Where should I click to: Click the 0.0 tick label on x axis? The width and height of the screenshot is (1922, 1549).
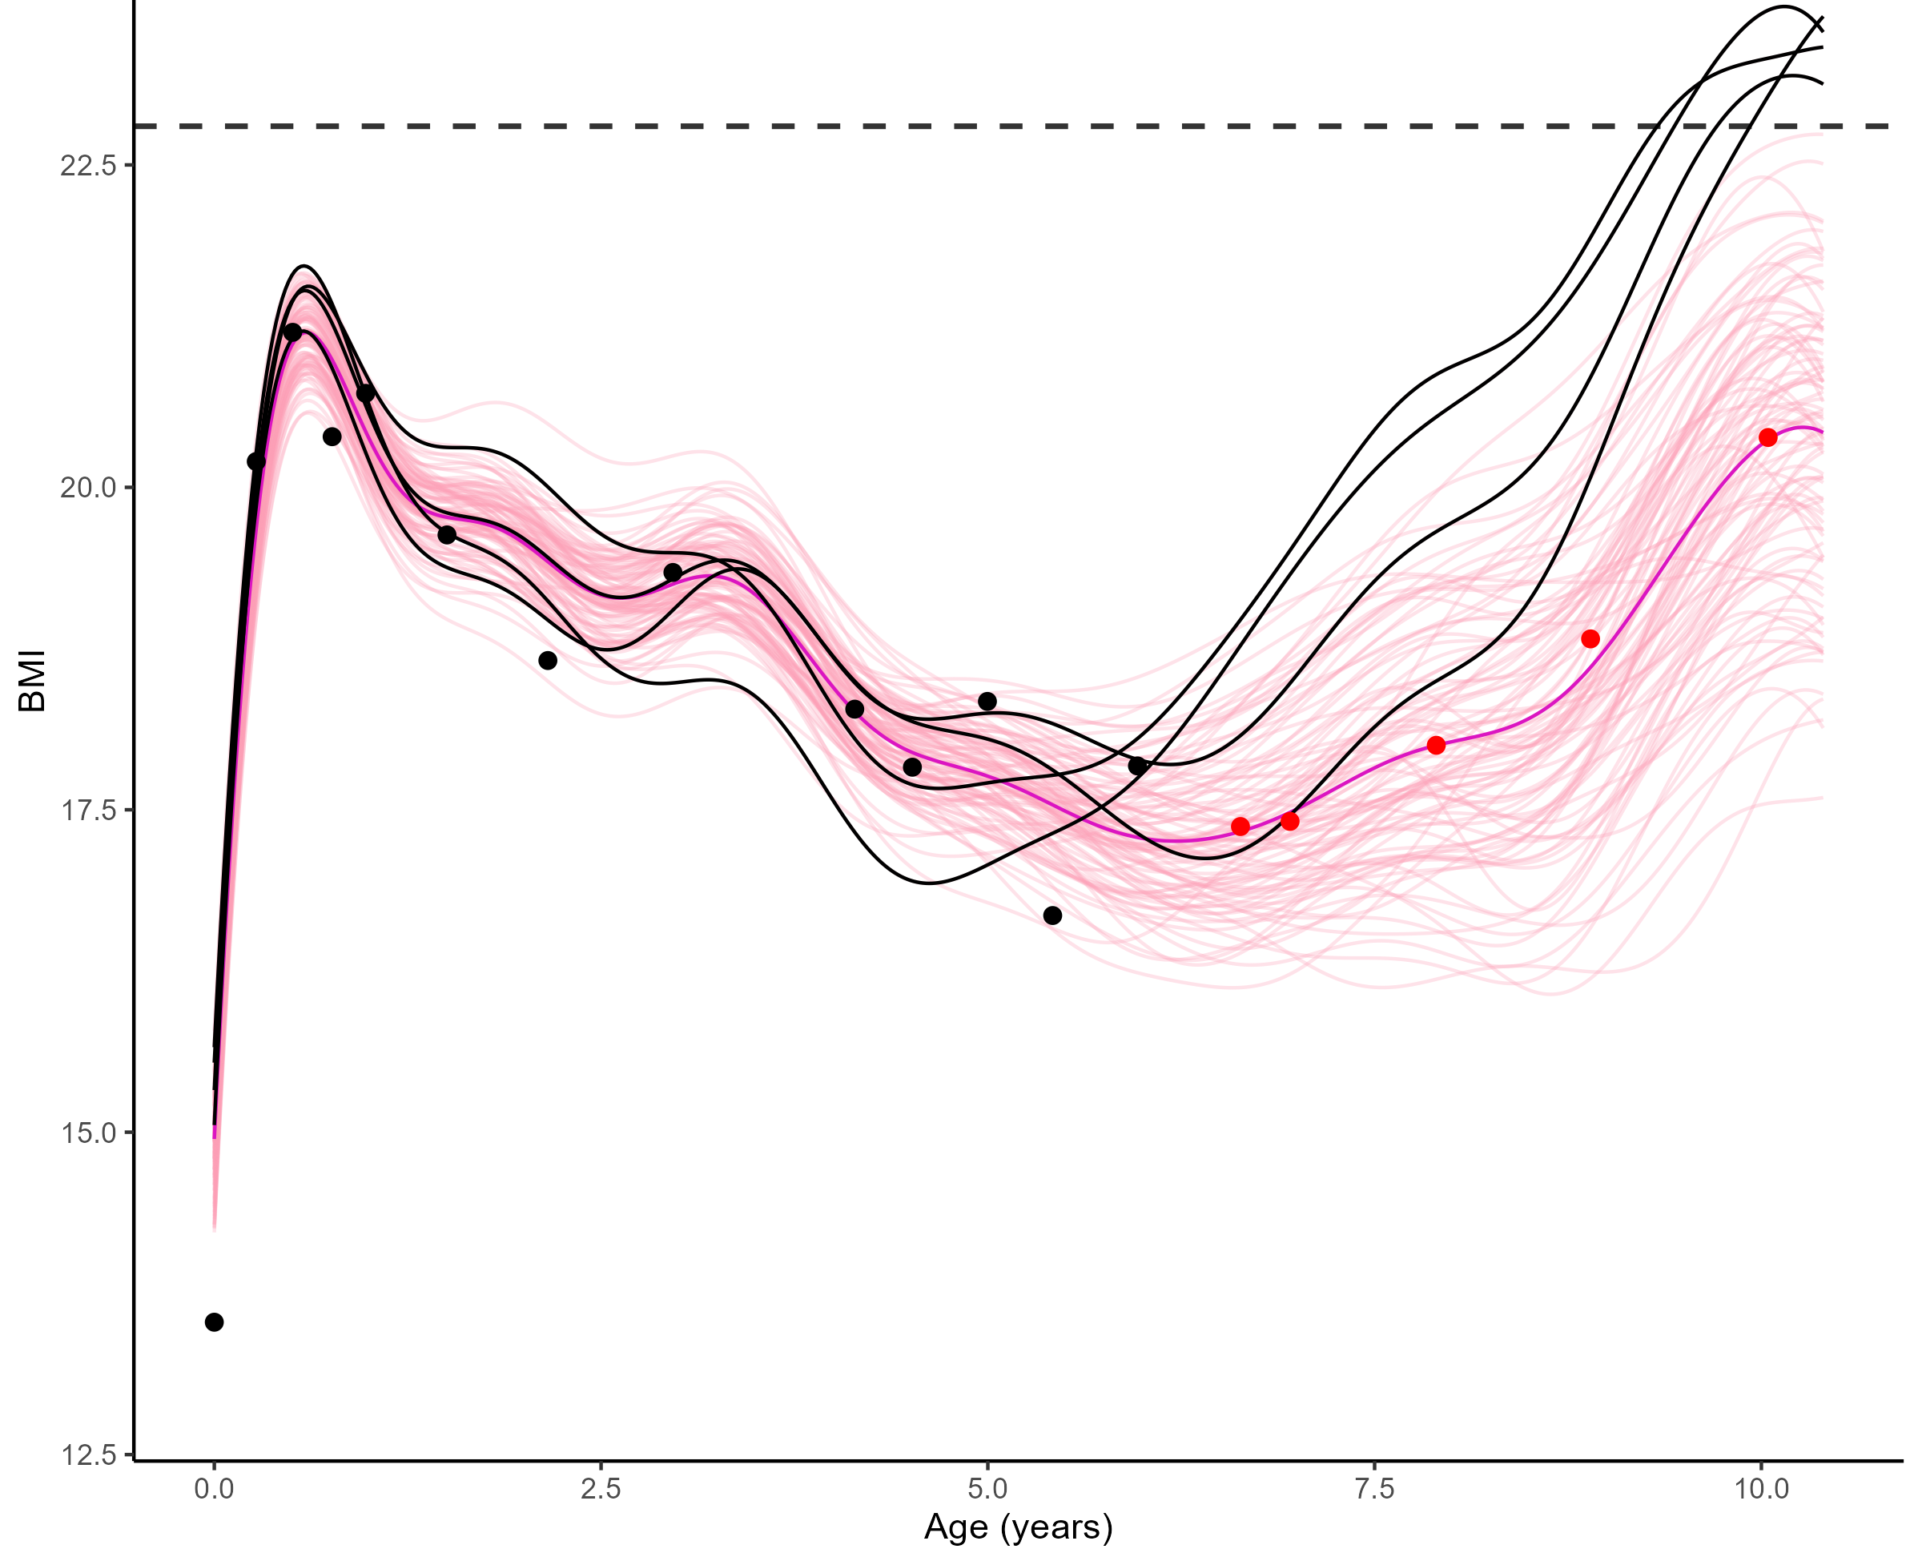pos(214,1488)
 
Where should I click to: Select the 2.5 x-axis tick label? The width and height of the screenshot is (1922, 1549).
pos(601,1488)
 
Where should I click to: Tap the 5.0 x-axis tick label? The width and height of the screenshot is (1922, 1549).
pos(987,1488)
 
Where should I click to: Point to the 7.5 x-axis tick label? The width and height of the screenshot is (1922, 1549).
pos(1374,1488)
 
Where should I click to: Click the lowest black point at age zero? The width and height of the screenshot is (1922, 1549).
pos(214,1322)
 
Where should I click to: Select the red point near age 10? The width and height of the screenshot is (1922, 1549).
pos(1767,437)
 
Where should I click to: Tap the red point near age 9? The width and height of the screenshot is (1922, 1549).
pos(1590,639)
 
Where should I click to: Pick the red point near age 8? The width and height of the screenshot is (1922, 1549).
pos(1436,745)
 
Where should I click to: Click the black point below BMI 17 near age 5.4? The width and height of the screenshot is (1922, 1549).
pos(1053,915)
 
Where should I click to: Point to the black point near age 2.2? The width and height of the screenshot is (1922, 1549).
pos(548,660)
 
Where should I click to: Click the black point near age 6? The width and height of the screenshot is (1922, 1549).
pos(1138,766)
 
